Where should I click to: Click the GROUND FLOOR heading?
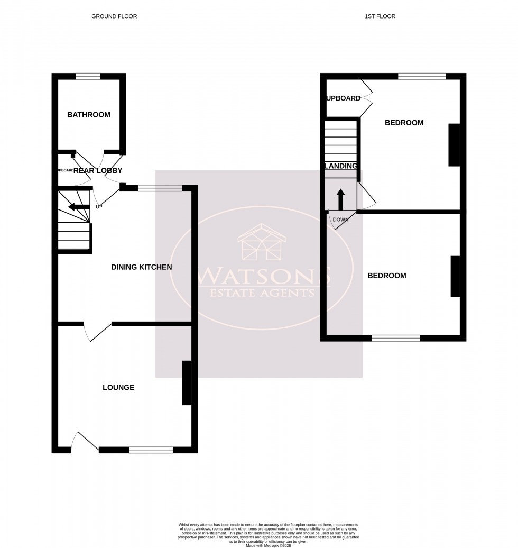point(114,16)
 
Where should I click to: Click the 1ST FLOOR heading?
point(380,16)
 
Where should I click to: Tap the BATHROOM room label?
point(89,115)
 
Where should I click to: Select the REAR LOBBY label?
point(98,170)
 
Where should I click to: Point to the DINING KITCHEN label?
point(141,267)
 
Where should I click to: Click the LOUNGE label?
point(118,388)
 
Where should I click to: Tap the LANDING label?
point(341,166)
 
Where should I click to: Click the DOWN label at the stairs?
point(340,220)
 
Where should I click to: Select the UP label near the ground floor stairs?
point(99,206)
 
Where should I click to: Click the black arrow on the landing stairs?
point(340,199)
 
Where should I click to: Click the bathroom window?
point(88,77)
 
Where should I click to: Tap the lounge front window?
point(151,450)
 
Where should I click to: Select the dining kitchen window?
point(160,187)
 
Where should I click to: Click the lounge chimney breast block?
point(187,383)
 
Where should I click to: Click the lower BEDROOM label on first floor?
point(387,276)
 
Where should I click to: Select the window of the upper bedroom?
point(422,77)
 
